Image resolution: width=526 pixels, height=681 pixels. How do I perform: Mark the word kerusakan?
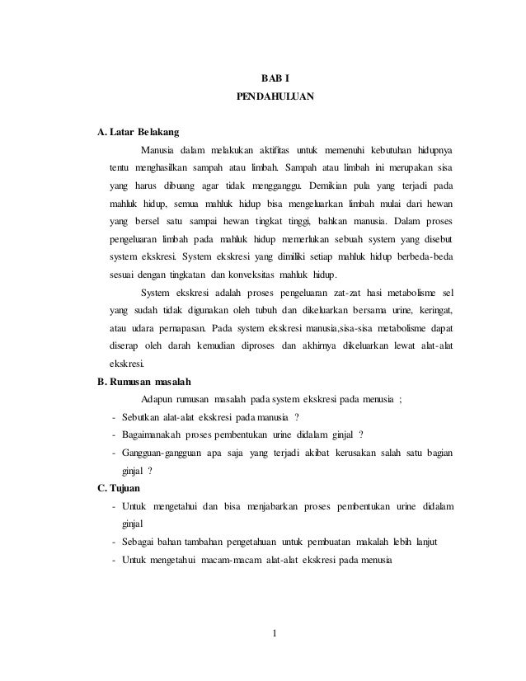(361, 453)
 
